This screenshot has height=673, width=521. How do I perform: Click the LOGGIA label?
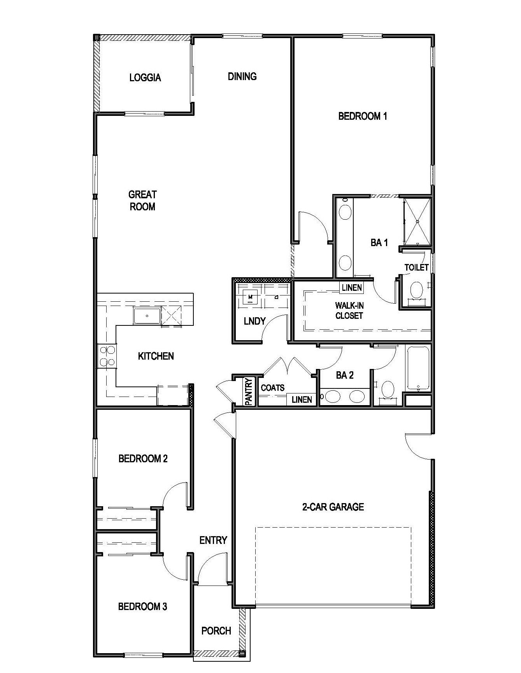(x=145, y=77)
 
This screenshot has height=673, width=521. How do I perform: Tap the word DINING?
(x=242, y=76)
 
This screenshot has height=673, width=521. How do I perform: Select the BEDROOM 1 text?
(x=363, y=116)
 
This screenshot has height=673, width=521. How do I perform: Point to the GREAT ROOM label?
(x=142, y=200)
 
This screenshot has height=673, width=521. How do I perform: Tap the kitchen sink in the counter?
(x=147, y=315)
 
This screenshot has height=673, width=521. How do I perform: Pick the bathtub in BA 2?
(x=418, y=367)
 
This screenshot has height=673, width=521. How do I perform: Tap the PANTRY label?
(x=249, y=392)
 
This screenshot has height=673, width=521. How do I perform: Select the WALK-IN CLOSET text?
(x=349, y=311)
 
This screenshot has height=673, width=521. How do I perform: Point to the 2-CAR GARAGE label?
(x=333, y=507)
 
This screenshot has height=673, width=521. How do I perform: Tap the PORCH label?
(x=216, y=631)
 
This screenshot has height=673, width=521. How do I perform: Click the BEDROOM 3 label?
(x=142, y=606)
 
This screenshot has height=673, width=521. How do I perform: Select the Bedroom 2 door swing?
(x=175, y=496)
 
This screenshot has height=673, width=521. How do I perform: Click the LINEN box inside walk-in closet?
(x=352, y=288)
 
